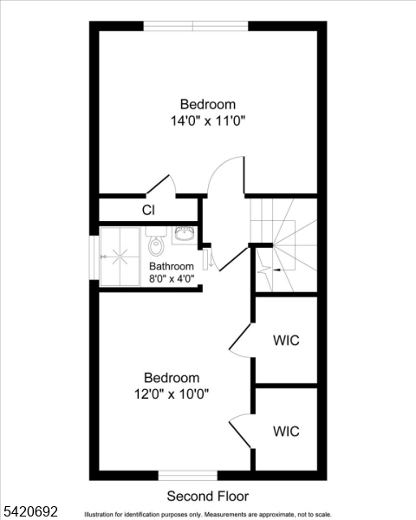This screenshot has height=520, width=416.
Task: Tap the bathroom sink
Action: (x=184, y=232)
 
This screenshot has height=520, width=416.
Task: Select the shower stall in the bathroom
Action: (x=120, y=257)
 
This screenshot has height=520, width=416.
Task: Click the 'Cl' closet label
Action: (x=148, y=210)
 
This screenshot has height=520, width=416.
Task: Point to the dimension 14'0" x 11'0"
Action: (x=208, y=121)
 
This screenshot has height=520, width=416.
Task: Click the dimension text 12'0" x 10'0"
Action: (x=172, y=393)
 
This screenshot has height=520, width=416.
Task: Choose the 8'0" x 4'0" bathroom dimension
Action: (x=171, y=278)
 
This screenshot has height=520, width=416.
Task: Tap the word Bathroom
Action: (x=171, y=266)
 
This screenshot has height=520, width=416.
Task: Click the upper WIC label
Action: (x=286, y=340)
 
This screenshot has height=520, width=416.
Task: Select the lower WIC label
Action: (x=286, y=431)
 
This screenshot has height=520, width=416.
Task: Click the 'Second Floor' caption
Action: (x=207, y=497)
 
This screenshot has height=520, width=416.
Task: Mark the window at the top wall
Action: (x=195, y=26)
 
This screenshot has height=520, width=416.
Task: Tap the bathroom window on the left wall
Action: (x=94, y=256)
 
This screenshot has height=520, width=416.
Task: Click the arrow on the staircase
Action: (x=275, y=271)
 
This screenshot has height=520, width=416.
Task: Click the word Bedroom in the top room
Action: (x=207, y=105)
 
